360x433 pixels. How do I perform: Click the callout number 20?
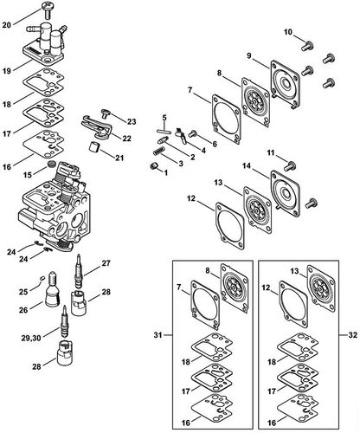(x=7, y=25)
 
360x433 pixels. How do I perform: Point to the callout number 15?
(x=28, y=175)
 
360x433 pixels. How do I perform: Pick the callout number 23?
(x=132, y=121)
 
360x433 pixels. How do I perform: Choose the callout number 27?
(x=106, y=262)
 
